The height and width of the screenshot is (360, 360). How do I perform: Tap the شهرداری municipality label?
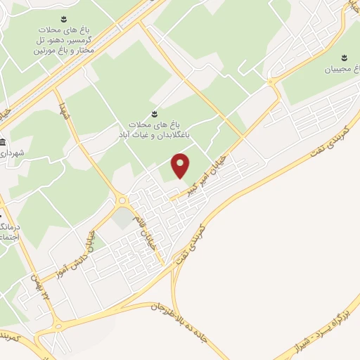13,153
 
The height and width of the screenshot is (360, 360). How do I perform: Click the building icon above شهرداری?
3,141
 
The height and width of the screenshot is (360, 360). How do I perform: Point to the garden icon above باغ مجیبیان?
345,57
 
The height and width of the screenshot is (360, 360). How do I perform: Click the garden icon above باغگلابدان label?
155,112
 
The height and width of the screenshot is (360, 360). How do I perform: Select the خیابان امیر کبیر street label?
205,176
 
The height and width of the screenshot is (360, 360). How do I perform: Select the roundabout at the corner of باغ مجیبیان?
271,83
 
